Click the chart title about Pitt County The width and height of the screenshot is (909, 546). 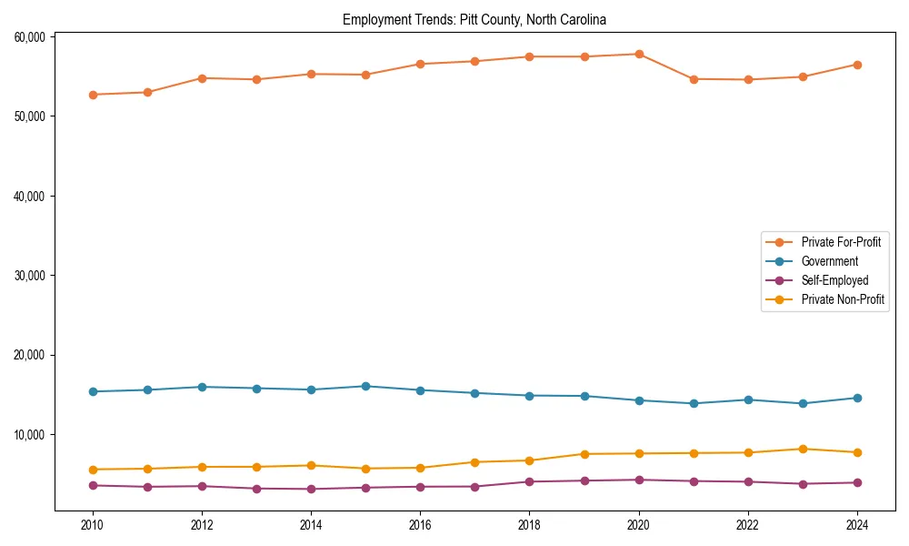click(474, 19)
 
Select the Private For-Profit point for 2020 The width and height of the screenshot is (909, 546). click(639, 55)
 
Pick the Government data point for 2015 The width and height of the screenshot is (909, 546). click(365, 387)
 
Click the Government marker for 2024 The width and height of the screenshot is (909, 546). click(857, 398)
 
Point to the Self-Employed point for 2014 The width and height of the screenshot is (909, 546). click(311, 490)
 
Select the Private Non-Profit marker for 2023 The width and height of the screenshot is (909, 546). click(803, 449)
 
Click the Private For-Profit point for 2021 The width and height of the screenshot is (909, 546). click(694, 79)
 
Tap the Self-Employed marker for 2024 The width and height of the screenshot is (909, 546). click(857, 482)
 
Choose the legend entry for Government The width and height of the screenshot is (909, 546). click(829, 261)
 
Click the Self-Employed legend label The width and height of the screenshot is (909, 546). click(834, 280)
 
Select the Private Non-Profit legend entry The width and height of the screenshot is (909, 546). click(843, 299)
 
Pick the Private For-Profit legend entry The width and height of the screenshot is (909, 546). click(841, 242)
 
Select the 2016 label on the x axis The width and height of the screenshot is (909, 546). click(420, 525)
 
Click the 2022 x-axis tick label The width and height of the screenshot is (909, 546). click(748, 525)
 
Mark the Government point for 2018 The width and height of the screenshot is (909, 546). click(529, 396)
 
